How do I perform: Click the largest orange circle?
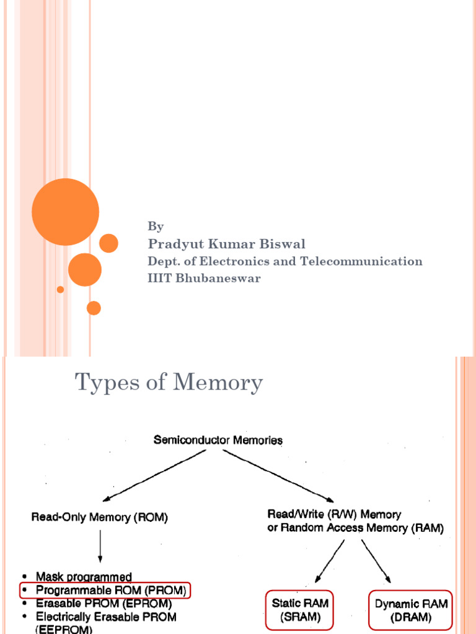[x=65, y=212]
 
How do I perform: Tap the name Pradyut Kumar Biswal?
[x=226, y=244]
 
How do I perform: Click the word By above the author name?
[x=155, y=227]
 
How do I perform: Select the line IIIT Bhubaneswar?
[x=204, y=278]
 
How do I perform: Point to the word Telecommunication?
[x=361, y=261]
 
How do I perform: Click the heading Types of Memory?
[x=169, y=383]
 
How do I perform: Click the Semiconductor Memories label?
[x=218, y=440]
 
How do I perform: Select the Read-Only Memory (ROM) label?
[x=99, y=518]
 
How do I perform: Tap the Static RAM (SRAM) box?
[x=301, y=609]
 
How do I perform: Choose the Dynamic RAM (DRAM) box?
[x=412, y=609]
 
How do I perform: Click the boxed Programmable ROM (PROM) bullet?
[x=105, y=591]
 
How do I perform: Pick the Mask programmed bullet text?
[x=84, y=577]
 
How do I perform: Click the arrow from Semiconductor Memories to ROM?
[x=155, y=475]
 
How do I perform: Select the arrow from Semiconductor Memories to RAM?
[x=279, y=475]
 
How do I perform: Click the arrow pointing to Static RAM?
[x=330, y=560]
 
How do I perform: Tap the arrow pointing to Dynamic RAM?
[x=376, y=560]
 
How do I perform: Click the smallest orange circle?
[x=60, y=289]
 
